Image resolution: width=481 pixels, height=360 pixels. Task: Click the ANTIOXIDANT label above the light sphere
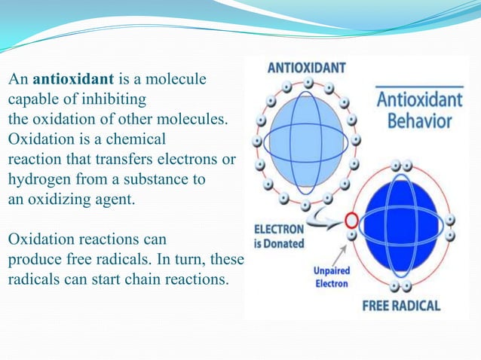click(307, 68)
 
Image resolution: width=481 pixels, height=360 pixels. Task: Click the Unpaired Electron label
click(330, 276)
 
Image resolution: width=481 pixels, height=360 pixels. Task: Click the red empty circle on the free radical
click(351, 221)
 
